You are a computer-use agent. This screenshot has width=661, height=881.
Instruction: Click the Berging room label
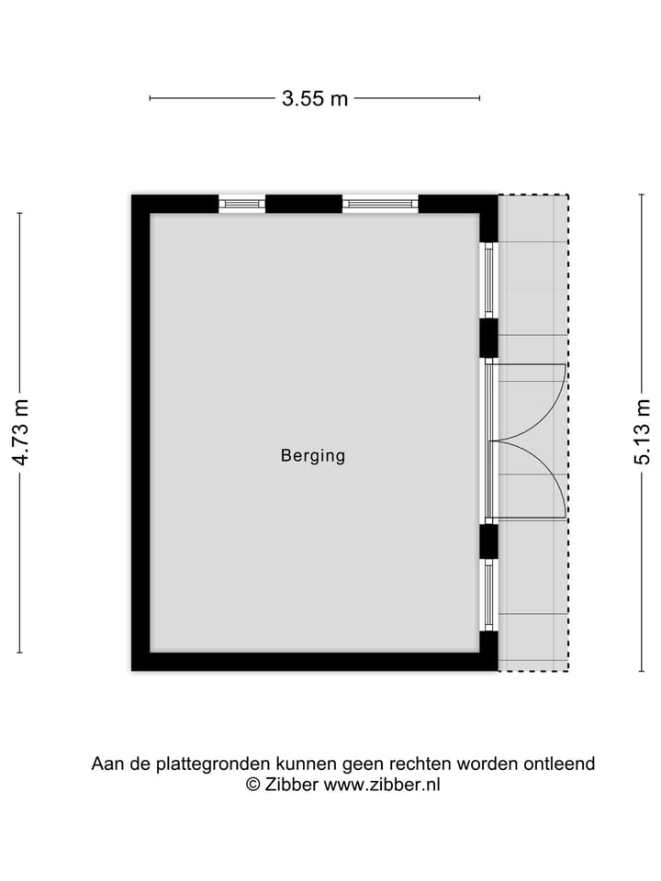tap(313, 455)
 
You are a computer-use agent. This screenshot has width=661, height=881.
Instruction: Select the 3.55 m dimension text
tap(315, 99)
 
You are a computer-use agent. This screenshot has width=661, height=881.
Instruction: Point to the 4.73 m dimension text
tap(21, 432)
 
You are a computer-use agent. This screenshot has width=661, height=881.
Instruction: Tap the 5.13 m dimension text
tap(643, 432)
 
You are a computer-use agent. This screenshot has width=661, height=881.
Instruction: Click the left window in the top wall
tap(241, 204)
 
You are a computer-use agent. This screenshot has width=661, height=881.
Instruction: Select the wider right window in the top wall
tap(380, 204)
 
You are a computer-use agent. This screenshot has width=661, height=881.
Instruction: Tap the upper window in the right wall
tap(489, 281)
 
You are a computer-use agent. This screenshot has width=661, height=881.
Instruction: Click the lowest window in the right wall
tap(489, 596)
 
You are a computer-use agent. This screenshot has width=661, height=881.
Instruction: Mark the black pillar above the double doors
tap(489, 338)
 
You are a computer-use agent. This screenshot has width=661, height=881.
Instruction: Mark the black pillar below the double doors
tap(489, 541)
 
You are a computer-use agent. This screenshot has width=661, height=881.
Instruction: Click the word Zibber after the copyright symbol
tap(292, 785)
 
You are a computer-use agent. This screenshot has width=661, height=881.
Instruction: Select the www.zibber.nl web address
tap(382, 785)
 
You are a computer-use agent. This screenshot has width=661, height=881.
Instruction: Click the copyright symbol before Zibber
tap(252, 785)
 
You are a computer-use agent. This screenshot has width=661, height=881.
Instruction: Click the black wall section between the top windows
tap(304, 204)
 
